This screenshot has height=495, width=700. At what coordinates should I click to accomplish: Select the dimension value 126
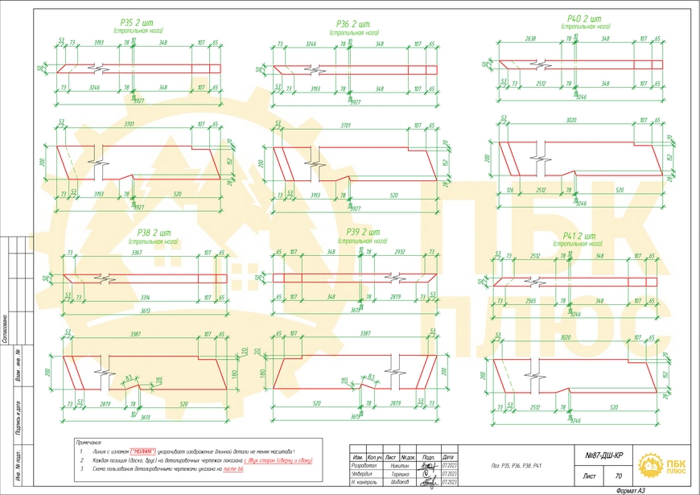tap(510, 190)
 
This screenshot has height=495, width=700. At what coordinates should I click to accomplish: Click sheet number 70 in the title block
tap(618, 476)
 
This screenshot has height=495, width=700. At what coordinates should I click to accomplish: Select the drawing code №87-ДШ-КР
tap(607, 456)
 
